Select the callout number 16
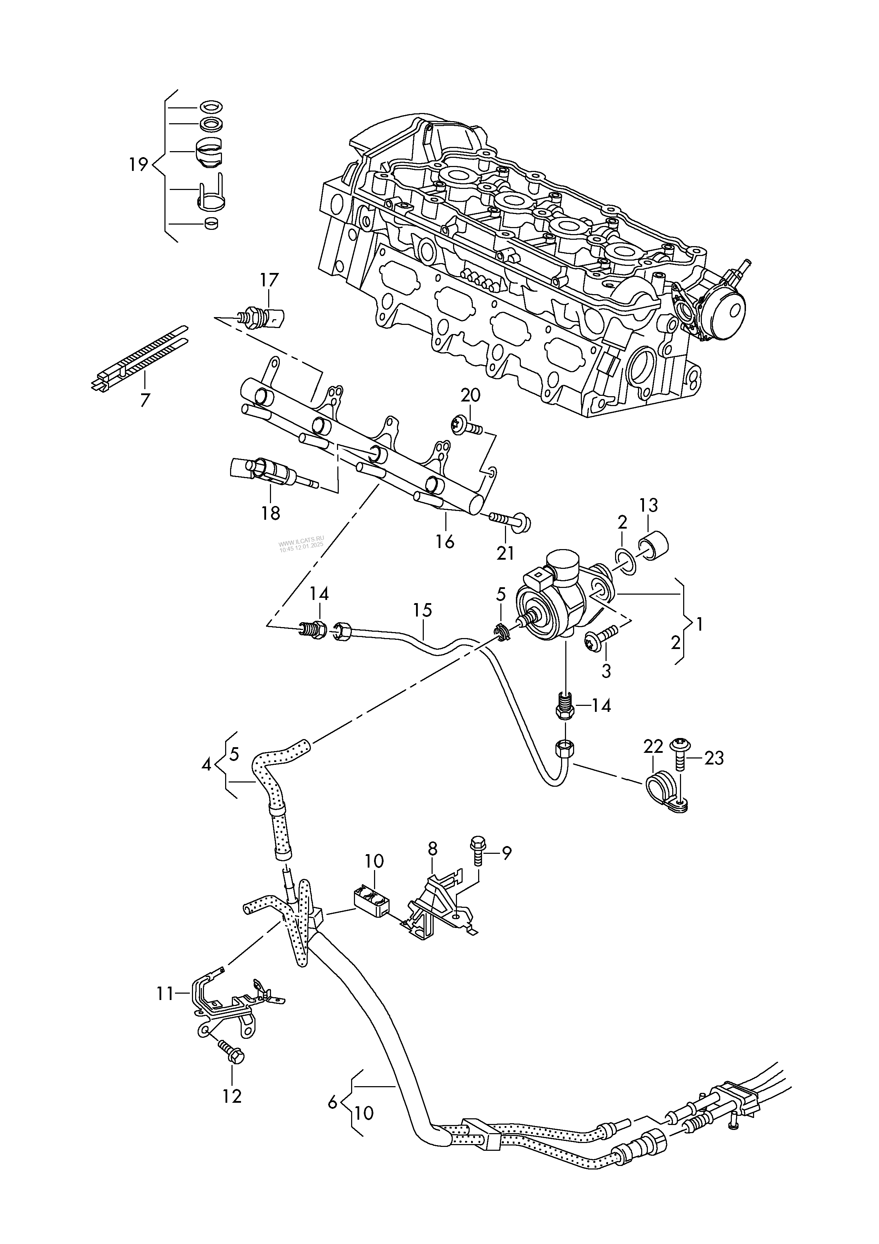tap(445, 541)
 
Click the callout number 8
tap(432, 849)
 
